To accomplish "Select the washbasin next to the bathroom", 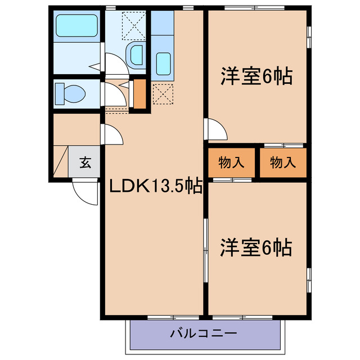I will (x=137, y=55).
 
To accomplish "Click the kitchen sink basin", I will (x=164, y=61).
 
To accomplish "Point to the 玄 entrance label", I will (x=85, y=163).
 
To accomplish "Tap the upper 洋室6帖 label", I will (x=256, y=75).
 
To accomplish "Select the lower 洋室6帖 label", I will (x=255, y=247).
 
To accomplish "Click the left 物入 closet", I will (x=231, y=163).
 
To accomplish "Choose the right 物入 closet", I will (x=282, y=163).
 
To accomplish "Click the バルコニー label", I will (x=204, y=334).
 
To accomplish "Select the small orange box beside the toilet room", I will (x=139, y=94).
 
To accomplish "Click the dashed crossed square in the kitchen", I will (x=163, y=93).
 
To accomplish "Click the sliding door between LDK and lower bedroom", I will (x=205, y=247).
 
